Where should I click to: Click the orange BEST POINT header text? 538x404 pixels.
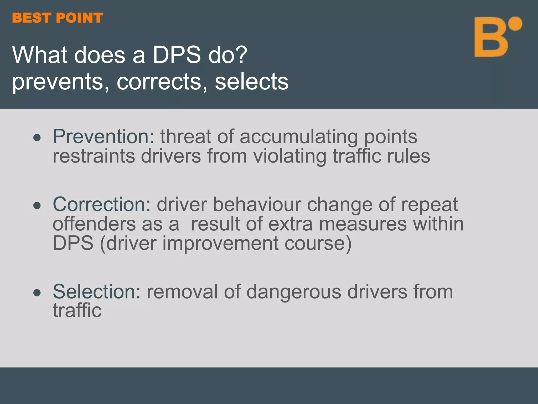coord(57,18)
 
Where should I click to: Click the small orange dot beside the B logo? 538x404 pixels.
coord(515,24)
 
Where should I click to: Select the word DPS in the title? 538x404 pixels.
coord(177,55)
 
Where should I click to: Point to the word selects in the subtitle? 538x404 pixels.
coord(251,82)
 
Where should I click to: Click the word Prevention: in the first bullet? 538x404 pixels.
coord(104,137)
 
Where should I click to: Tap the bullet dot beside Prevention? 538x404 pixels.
coord(37,138)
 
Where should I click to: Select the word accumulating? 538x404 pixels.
coord(299,137)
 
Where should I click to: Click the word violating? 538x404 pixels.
coord(290,156)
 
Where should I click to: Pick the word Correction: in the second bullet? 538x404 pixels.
coord(102,204)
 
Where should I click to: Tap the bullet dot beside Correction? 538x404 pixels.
coord(37,205)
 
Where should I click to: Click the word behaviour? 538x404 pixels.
coord(257,204)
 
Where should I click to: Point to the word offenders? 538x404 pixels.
coord(94,224)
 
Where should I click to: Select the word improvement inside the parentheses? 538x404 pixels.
coord(220,243)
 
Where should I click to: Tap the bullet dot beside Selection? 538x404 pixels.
coord(37,293)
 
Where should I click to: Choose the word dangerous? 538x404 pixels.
coord(293,292)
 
